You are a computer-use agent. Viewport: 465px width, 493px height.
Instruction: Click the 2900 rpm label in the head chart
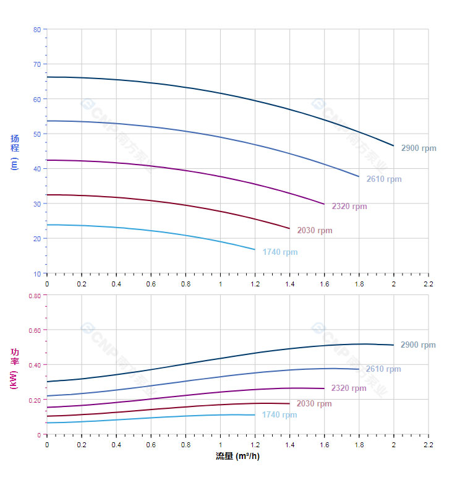418,148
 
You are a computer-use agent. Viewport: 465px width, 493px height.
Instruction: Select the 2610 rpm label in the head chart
383,179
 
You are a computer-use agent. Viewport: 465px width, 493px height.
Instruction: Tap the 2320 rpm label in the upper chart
349,207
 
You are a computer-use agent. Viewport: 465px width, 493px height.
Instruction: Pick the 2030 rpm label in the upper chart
314,231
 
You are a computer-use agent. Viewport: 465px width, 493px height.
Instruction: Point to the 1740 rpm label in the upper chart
279,252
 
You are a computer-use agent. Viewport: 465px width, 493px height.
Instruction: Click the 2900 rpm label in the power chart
418,345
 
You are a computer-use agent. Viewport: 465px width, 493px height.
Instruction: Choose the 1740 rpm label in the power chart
279,415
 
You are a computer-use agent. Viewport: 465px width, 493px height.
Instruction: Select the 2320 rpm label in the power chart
349,388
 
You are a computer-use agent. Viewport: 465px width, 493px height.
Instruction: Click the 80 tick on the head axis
37,30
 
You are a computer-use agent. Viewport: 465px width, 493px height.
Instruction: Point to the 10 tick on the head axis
37,273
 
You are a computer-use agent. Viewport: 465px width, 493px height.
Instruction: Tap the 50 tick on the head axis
37,134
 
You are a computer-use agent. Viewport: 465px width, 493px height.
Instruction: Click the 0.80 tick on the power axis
35,296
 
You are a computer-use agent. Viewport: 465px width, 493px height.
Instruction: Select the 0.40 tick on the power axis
35,365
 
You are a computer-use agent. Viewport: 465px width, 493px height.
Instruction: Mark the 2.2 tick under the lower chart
429,445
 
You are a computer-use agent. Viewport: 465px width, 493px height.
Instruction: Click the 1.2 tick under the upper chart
255,283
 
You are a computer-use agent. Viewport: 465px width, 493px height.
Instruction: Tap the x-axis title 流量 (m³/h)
237,457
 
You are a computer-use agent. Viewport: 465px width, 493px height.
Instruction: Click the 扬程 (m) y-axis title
15,152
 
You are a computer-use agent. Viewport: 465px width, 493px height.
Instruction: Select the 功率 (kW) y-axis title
15,368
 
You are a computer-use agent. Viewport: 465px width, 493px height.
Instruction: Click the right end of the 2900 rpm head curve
393,145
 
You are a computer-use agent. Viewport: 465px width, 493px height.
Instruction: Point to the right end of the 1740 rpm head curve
255,249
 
